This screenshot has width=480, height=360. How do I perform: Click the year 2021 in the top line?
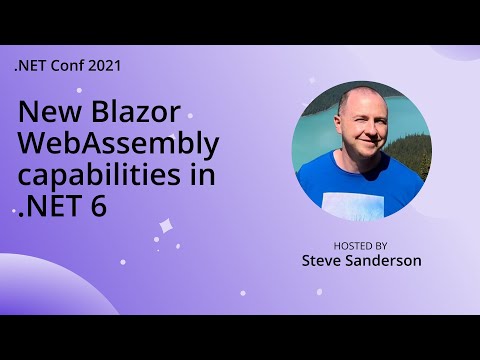[105, 67]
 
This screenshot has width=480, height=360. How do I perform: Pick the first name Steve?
[325, 261]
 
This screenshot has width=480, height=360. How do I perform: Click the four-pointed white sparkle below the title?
[166, 228]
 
